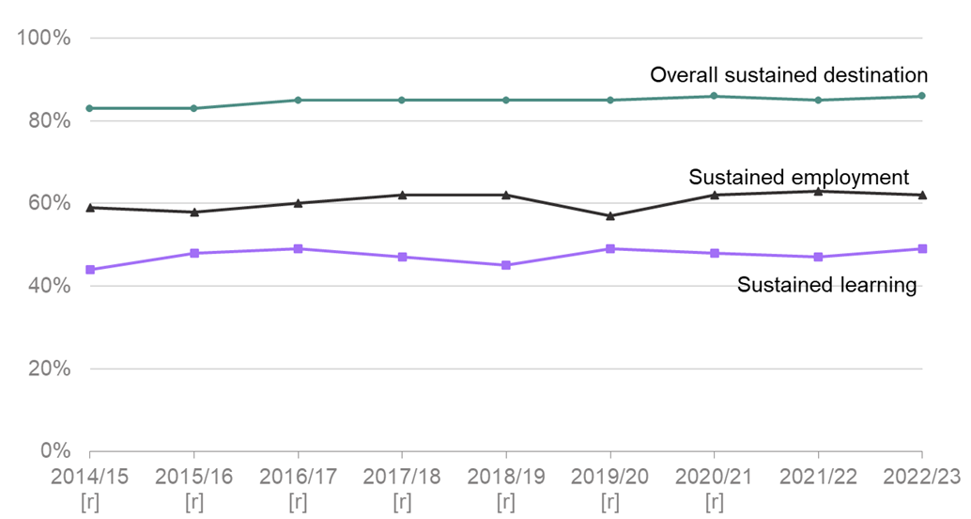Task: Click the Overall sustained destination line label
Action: (789, 75)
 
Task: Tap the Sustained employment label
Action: (798, 177)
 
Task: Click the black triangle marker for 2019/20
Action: (610, 215)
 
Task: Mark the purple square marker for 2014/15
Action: (90, 270)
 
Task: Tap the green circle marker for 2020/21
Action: (715, 96)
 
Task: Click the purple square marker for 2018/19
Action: (506, 265)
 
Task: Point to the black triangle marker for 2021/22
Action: (819, 191)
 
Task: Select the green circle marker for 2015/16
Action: (194, 108)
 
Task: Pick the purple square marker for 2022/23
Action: (922, 249)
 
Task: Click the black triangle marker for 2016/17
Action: (299, 203)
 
